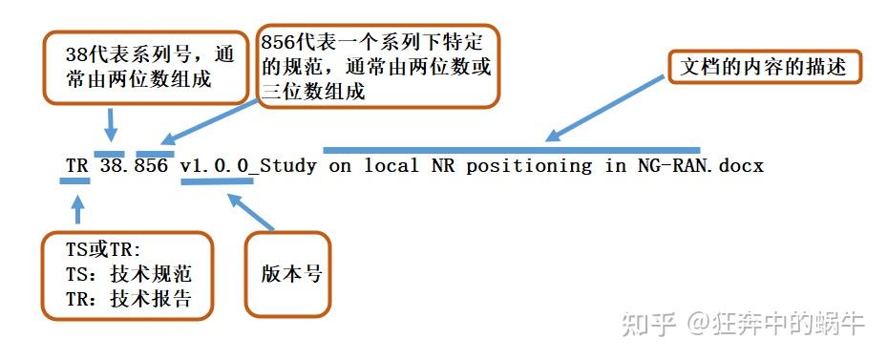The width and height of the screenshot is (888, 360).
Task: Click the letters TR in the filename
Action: point(77,165)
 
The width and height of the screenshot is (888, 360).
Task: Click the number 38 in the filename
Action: point(111,165)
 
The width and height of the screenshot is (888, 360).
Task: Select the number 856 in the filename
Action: point(153,165)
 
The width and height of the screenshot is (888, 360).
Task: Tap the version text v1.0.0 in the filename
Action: point(216,165)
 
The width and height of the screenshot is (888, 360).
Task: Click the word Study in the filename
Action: point(290,165)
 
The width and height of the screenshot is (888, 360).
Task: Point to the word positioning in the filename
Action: point(529,165)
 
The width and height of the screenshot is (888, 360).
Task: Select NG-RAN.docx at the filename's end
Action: point(700,165)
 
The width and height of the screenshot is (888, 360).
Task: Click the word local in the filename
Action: point(391,165)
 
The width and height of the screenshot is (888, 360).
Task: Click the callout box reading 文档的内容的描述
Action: point(763,68)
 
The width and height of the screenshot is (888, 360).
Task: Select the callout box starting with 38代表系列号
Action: point(138,67)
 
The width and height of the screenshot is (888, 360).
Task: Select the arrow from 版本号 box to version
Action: point(250,211)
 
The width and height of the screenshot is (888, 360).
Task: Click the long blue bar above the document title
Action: point(512,150)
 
